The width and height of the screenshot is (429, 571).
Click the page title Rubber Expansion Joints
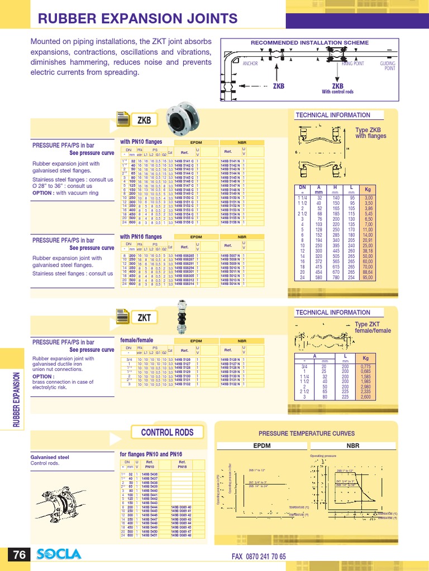tap(137, 19)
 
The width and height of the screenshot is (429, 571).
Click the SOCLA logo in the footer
tap(59, 554)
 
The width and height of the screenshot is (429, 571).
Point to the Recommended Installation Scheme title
tap(309, 43)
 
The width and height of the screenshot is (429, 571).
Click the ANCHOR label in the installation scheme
tap(250, 64)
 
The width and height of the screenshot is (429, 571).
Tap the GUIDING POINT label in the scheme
tap(388, 66)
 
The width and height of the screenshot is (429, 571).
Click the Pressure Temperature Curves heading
tap(306, 433)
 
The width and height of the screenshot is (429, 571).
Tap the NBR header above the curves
tap(353, 446)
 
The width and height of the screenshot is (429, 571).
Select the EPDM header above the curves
tap(262, 446)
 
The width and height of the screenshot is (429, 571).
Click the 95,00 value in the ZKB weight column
tap(368, 277)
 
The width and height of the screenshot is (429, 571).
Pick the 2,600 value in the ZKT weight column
tap(366, 397)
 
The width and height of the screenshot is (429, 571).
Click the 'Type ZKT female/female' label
tap(373, 327)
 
